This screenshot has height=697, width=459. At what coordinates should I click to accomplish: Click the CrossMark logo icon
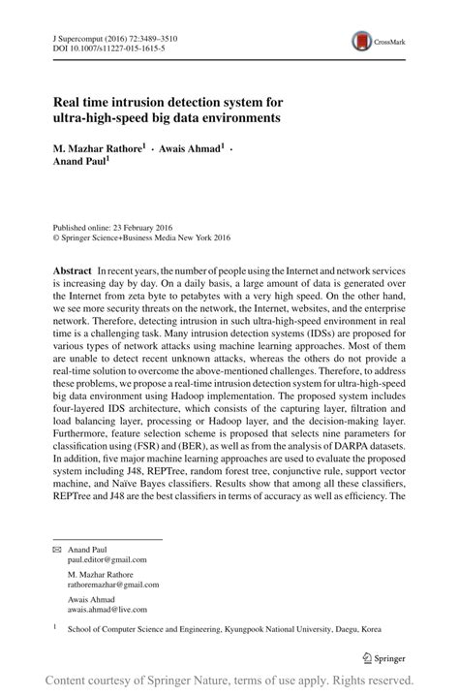[x=361, y=41]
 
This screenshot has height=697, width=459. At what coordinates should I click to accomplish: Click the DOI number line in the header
[x=97, y=48]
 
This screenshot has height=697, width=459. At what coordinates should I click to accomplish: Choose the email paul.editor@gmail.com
[x=107, y=559]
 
